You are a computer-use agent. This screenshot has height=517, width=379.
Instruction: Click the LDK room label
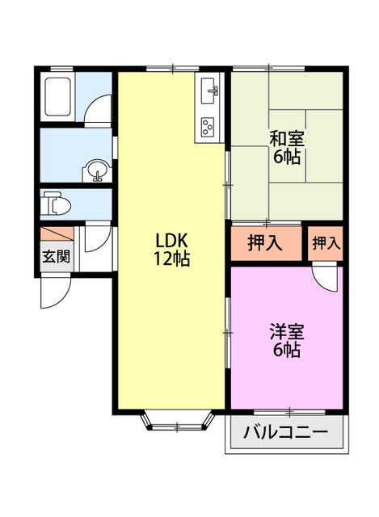pos(171,241)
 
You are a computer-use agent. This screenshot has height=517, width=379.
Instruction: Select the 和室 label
pos(287,137)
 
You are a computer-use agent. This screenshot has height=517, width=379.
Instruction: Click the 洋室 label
pos(287,331)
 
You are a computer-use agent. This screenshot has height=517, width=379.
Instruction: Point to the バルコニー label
pos(286,432)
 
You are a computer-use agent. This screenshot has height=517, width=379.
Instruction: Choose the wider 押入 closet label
pos(264,243)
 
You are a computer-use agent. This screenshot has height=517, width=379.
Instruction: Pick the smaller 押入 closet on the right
pos(326,243)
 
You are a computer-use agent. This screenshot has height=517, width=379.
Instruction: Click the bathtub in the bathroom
pos(60,97)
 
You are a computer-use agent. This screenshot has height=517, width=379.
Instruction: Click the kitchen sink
pos(209,90)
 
